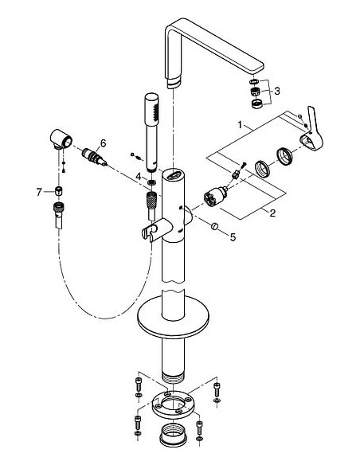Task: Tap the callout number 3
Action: tap(276, 92)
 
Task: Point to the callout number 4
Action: tap(138, 175)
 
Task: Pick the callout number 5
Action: tap(233, 236)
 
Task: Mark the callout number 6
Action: tap(101, 144)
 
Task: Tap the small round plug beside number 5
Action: tap(213, 230)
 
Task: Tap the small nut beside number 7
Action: tap(58, 191)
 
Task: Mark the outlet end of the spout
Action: tap(176, 80)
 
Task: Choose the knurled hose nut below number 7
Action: tap(58, 211)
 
